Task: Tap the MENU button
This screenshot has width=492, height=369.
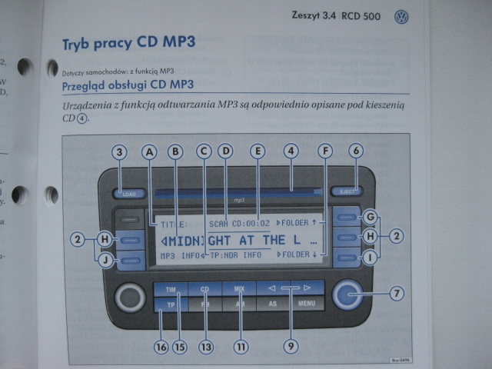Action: (x=307, y=304)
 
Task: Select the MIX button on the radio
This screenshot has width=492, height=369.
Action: (x=240, y=289)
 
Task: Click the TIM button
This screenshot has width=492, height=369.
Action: (x=170, y=289)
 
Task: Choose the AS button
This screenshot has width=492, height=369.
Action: (x=272, y=304)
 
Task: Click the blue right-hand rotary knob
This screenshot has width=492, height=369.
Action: (x=350, y=292)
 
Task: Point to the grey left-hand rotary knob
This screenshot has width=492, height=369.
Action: (x=129, y=297)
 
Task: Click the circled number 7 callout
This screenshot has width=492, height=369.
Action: (x=397, y=292)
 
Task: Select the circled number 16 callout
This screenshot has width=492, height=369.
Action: (x=161, y=347)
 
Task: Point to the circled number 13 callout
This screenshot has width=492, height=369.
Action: (x=204, y=347)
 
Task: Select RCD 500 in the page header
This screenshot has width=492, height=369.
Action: (x=361, y=16)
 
